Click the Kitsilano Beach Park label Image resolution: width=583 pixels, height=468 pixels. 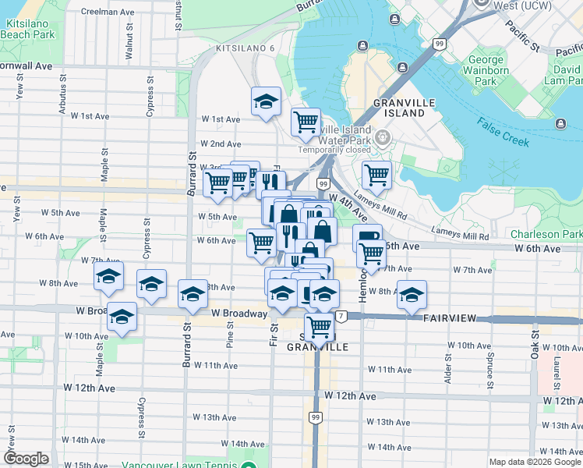29,30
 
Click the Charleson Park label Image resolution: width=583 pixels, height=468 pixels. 546,234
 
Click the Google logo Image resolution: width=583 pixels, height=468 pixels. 26,459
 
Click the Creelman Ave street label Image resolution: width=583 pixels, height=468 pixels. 108,12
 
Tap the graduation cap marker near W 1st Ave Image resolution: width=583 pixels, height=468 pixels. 266,101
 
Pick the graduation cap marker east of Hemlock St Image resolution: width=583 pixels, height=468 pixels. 412,294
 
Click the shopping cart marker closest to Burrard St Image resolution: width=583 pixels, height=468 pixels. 217,183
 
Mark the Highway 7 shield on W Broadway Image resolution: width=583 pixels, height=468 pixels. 341,316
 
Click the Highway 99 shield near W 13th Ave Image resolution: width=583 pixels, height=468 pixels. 315,418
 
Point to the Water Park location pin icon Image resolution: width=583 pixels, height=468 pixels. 383,138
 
